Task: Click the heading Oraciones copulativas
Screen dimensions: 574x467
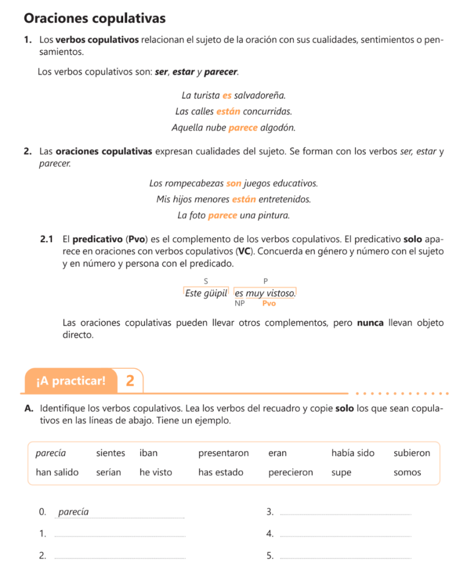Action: pyautogui.click(x=95, y=18)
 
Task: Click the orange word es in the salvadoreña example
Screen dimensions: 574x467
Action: pyautogui.click(x=227, y=96)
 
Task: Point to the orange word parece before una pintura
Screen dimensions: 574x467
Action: pyautogui.click(x=222, y=215)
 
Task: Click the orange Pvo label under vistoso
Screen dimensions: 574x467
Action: pyautogui.click(x=269, y=303)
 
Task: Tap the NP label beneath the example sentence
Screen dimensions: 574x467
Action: pyautogui.click(x=240, y=303)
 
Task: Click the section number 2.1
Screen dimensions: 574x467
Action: pyautogui.click(x=47, y=240)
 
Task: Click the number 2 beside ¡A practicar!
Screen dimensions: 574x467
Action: pyautogui.click(x=130, y=381)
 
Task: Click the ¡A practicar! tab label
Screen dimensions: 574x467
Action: pyautogui.click(x=71, y=382)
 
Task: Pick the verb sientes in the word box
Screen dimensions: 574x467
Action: pyautogui.click(x=110, y=453)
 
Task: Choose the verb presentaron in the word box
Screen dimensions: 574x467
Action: pyautogui.click(x=223, y=453)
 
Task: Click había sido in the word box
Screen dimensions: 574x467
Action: pyautogui.click(x=353, y=453)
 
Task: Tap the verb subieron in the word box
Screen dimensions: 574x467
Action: pyautogui.click(x=412, y=453)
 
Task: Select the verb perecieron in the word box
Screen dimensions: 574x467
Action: pyautogui.click(x=291, y=473)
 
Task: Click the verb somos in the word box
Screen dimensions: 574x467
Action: pyautogui.click(x=407, y=473)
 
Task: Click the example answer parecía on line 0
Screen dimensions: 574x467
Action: pyautogui.click(x=73, y=512)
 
